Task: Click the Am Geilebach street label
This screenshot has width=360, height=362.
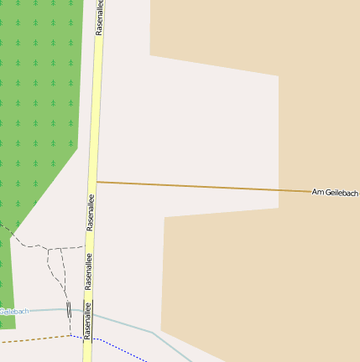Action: coord(335,193)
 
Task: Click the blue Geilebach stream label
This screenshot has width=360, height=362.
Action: coord(13,311)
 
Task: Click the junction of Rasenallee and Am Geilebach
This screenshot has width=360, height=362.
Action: coord(97,181)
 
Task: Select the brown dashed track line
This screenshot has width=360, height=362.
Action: coord(34,339)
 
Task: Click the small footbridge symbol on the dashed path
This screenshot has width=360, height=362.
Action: coord(69,308)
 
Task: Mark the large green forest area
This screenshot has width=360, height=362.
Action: coord(38,101)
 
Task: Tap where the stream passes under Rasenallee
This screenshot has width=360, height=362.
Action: coord(88,312)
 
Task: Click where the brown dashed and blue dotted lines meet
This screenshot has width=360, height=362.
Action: coord(70,335)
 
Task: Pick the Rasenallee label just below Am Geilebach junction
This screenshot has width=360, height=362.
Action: coord(91,213)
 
